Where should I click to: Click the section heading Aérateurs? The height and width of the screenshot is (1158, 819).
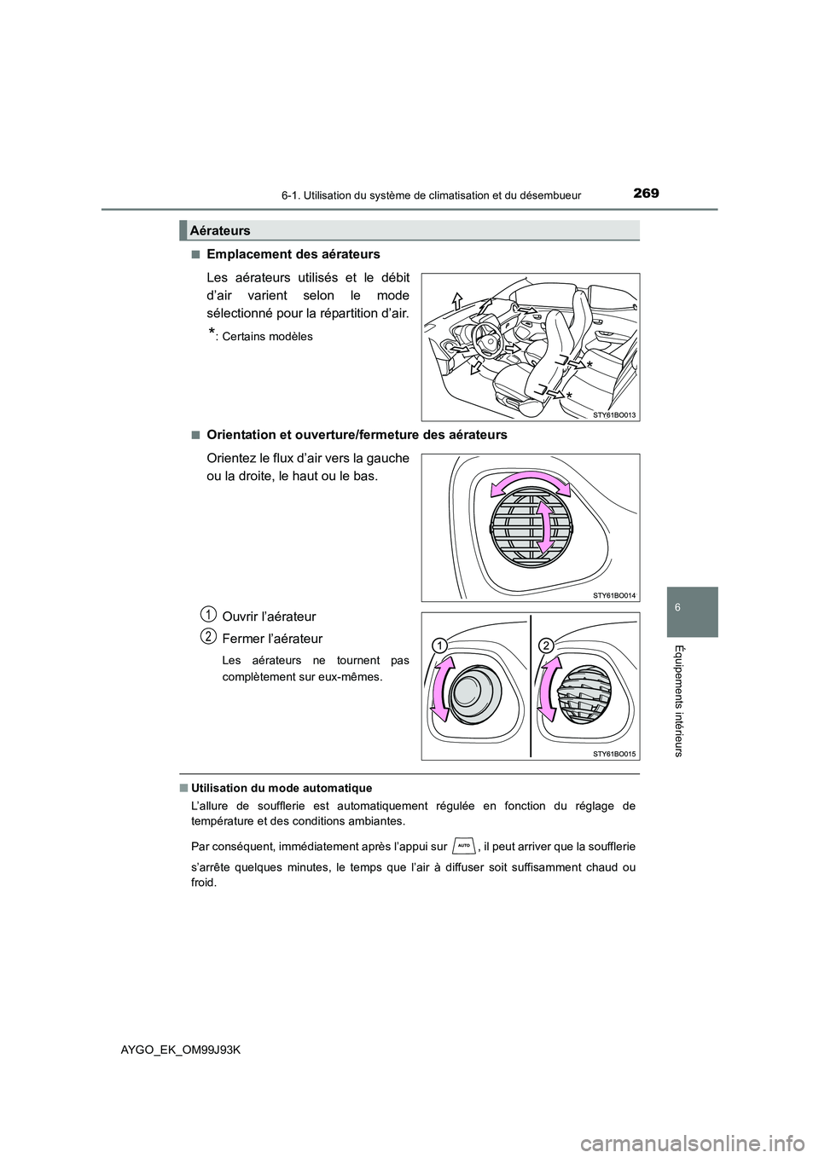[220, 230]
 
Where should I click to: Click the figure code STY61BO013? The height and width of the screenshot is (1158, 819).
[614, 414]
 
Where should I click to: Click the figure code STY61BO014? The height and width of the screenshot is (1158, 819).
[614, 595]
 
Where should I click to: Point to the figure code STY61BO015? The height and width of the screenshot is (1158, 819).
[614, 754]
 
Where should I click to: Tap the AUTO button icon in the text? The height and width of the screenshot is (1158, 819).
[464, 845]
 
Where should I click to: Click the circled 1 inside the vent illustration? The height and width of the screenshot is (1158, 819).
[439, 645]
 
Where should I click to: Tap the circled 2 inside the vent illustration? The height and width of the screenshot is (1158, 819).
[547, 645]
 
